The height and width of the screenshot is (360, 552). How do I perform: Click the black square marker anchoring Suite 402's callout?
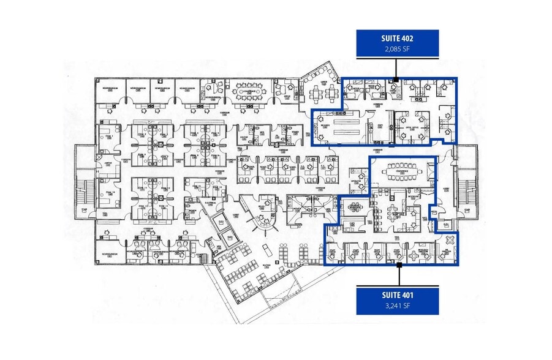pyautogui.click(x=396, y=79)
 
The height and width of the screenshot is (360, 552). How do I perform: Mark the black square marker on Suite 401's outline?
pyautogui.click(x=399, y=265)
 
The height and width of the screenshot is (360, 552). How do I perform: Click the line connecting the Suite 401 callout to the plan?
pyautogui.click(x=399, y=276)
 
